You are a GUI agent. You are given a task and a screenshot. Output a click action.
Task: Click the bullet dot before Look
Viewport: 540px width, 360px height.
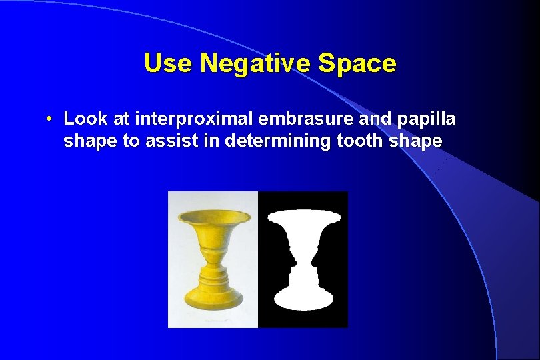(x=50, y=120)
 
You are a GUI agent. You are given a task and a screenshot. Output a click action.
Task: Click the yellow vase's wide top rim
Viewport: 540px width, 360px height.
(x=213, y=217)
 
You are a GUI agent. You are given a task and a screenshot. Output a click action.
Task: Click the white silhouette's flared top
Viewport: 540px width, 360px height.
(x=303, y=217)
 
